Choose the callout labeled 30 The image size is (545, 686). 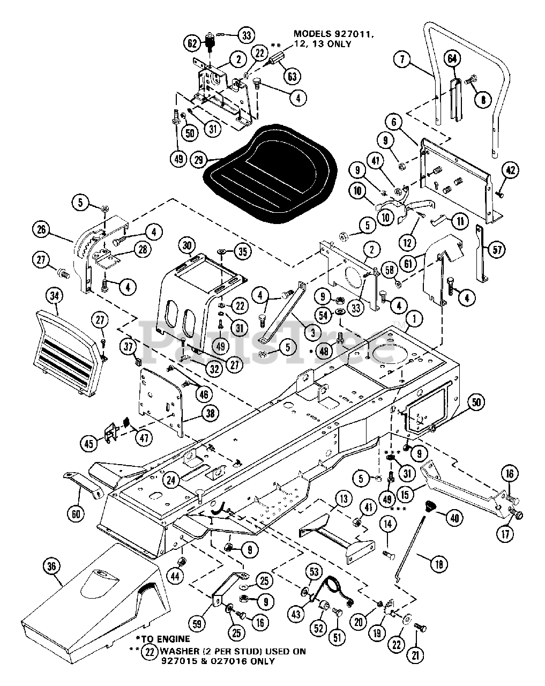(x=171, y=245)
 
